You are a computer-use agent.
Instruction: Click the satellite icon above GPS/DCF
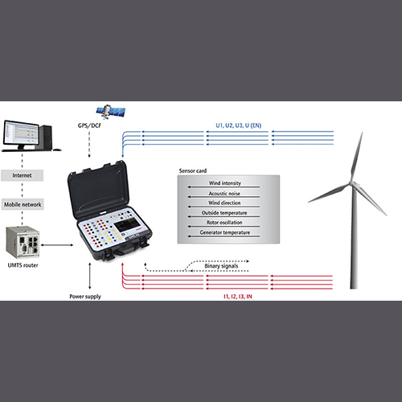coord(111,112)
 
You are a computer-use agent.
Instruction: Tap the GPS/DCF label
coord(89,125)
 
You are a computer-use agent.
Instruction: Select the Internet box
coord(22,175)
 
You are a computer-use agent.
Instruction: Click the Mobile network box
coord(23,204)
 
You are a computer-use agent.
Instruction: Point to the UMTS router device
coord(23,242)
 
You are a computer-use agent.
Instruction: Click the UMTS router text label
coord(23,265)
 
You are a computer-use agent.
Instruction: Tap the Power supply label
coord(85,297)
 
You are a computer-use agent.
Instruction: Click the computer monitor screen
coord(21,133)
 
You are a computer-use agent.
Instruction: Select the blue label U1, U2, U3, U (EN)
coord(239,125)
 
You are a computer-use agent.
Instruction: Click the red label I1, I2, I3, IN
coord(238,297)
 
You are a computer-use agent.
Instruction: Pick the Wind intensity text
coord(225,183)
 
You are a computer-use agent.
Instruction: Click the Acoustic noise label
coord(224,193)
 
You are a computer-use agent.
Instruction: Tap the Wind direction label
coord(224,203)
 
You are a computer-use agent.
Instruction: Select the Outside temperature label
coord(224,213)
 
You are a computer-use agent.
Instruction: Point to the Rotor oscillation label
coord(224,223)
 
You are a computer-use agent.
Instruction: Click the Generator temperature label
coord(225,232)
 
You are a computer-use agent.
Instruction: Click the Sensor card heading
coord(193,170)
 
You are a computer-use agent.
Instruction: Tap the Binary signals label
coord(221,266)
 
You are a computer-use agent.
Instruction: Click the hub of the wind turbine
coord(351,183)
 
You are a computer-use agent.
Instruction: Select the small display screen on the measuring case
coord(127,224)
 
